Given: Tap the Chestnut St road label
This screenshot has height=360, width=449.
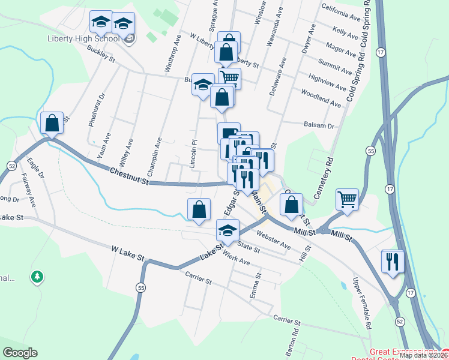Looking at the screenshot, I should click(x=128, y=172).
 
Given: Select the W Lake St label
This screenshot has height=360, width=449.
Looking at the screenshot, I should click(x=128, y=252).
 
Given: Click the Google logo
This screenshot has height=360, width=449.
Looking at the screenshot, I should click(x=19, y=353).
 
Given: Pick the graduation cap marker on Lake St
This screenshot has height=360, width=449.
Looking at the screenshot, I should click(x=228, y=230).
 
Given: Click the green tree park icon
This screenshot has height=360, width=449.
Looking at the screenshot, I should click(x=37, y=277).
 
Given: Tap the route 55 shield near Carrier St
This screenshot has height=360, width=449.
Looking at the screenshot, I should click(x=140, y=286).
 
